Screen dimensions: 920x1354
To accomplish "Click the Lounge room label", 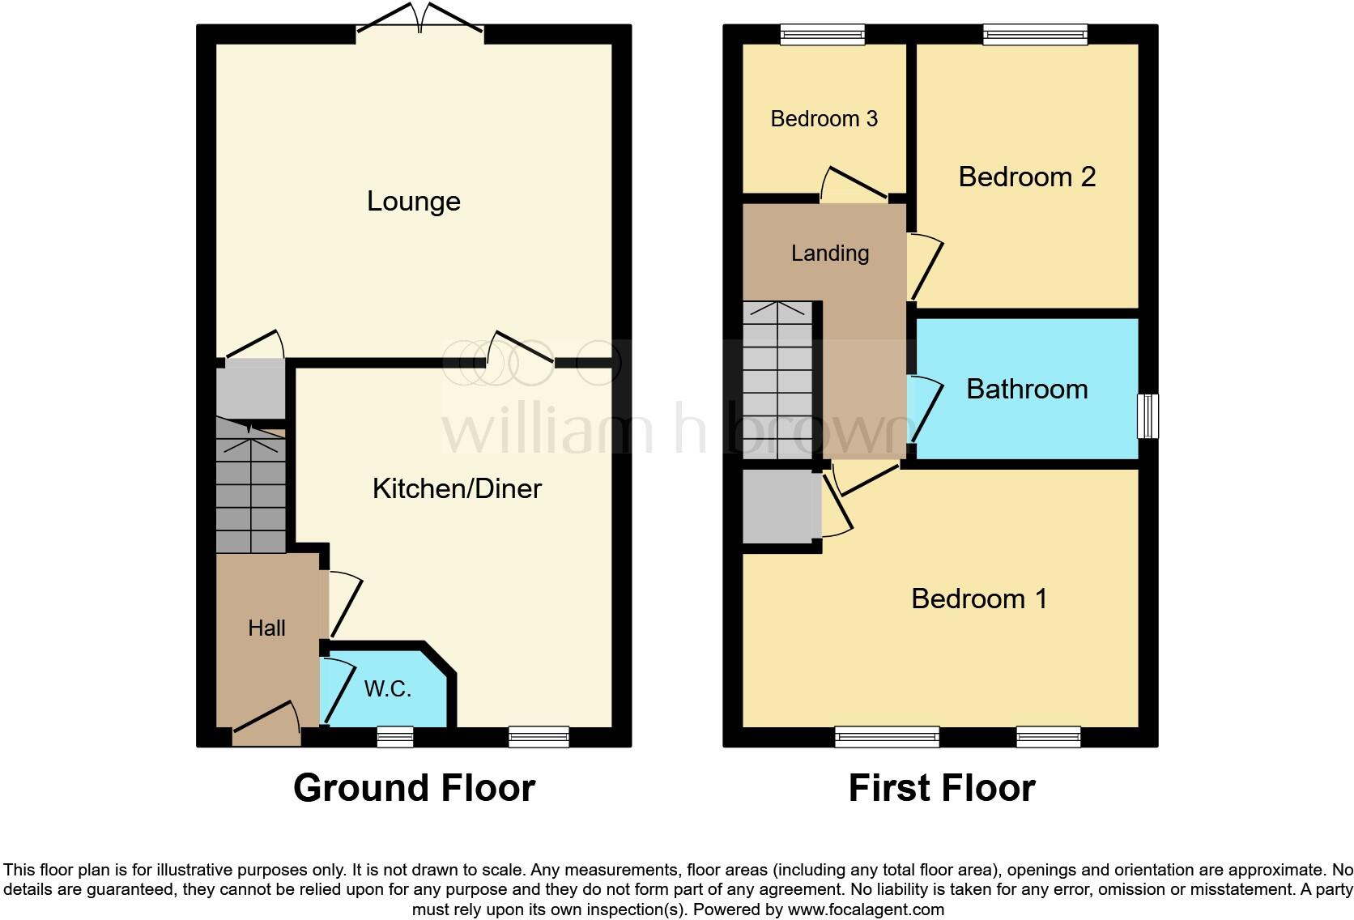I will coord(413,201).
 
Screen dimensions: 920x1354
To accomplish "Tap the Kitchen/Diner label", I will coord(457,488).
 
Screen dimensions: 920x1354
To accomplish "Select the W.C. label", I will coord(388,688).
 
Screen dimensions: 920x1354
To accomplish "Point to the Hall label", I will coord(266,628).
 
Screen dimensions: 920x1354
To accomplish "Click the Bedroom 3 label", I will coord(824,119).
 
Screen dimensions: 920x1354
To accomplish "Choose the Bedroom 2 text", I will coord(1027,177).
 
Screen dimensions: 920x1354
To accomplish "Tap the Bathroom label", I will coord(1027,389).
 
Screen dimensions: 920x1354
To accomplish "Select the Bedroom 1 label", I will coord(978,598).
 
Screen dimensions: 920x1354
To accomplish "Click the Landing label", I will coord(829,253).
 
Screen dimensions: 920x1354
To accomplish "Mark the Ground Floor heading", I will coord(414,788).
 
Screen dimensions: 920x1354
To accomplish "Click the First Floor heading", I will coord(941,788).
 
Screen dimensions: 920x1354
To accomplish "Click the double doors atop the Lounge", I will coord(419,20).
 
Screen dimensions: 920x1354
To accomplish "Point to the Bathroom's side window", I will coord(1147,415).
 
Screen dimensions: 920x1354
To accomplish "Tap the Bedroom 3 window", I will coord(822,33).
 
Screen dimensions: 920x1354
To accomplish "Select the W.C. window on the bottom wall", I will coord(395,736).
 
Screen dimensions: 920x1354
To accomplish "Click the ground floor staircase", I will coord(251,486).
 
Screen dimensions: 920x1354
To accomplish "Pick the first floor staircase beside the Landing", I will coord(777,381).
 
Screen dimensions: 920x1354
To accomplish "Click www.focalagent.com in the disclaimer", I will coord(866,909).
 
